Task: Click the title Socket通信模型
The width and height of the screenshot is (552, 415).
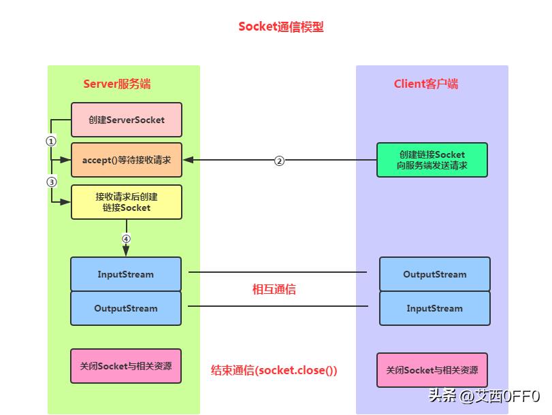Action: point(280,27)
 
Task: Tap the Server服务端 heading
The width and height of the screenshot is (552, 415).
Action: point(117,84)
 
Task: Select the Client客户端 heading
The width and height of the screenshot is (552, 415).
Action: point(426,84)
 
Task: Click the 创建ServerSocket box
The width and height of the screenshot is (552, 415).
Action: point(127,120)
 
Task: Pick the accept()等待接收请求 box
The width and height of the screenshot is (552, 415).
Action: point(127,160)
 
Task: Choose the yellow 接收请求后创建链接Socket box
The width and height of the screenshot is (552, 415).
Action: point(127,202)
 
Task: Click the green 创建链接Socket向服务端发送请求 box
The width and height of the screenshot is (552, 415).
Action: point(432,160)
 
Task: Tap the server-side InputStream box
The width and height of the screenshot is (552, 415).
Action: point(126,274)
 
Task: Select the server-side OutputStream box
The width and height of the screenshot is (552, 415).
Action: point(126,308)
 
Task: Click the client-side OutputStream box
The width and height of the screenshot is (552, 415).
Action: point(435,274)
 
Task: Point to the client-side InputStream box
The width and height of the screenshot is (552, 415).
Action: point(435,308)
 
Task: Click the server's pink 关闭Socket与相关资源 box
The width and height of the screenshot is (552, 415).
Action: point(126,366)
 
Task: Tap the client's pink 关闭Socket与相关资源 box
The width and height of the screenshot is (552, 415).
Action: point(432,370)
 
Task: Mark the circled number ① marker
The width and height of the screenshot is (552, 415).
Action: point(50,141)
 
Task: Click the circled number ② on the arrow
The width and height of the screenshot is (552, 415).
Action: point(279,161)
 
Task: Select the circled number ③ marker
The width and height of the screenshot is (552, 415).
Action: point(50,182)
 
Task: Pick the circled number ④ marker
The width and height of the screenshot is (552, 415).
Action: point(126,239)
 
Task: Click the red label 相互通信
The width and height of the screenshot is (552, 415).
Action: point(274,289)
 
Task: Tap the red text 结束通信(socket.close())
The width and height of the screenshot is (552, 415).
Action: point(274,370)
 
